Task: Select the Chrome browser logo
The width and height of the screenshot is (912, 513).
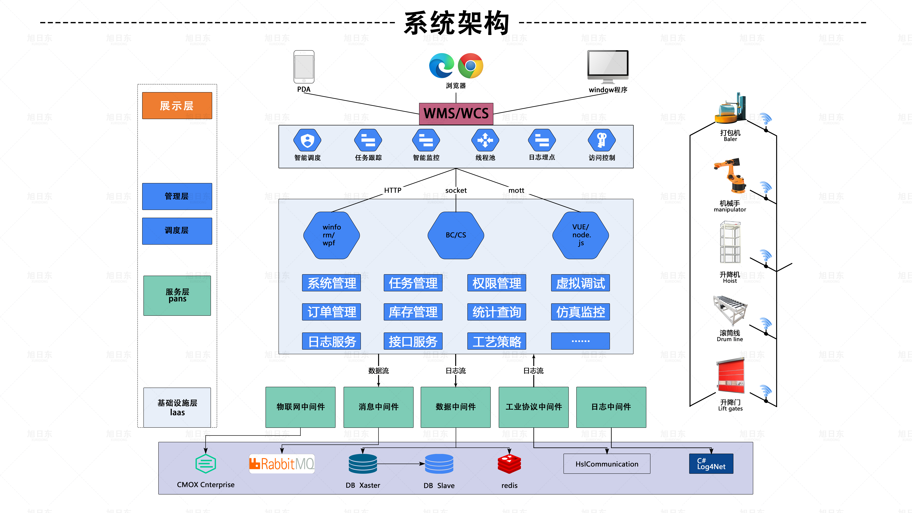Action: coord(470,66)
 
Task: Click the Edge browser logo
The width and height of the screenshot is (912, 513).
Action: coord(441,66)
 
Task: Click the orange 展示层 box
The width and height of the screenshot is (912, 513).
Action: coord(177,105)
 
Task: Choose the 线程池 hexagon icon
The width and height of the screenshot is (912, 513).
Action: coord(485,140)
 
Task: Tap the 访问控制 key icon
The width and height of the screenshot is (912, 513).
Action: coord(602,140)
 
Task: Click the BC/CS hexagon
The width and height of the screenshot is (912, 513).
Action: coord(456,235)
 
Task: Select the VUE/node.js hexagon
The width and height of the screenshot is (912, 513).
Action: coord(581,235)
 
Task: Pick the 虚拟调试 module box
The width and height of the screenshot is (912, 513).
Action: coord(580,283)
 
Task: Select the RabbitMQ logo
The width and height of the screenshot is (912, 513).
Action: coord(282,464)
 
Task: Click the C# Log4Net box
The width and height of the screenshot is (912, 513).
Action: coord(711,464)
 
